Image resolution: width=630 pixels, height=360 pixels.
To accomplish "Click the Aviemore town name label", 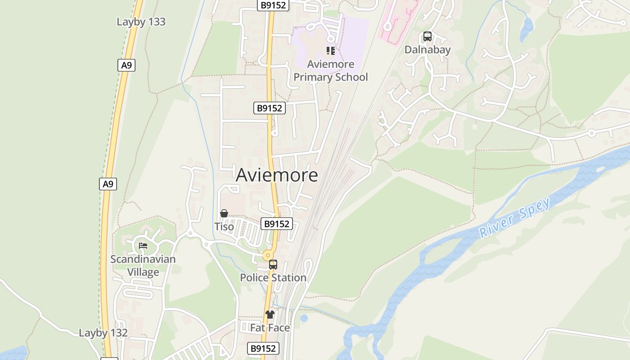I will tap(277, 175).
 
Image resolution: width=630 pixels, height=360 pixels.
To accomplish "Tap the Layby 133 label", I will tap(141, 22).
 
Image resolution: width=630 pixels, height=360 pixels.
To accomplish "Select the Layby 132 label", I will tap(103, 333).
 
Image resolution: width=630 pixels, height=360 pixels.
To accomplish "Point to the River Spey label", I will tap(515, 218).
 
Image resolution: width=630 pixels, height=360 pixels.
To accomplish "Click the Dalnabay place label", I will tap(427, 49).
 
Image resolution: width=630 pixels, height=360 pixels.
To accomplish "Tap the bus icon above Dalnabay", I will tap(427, 36).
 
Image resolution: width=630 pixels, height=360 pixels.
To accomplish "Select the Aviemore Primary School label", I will tap(331, 71).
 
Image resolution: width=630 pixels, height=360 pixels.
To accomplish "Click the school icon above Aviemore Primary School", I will tap(331, 51).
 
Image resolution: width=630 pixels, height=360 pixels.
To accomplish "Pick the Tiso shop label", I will tap(224, 226).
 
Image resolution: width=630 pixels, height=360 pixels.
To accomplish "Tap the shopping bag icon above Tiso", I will tap(224, 213).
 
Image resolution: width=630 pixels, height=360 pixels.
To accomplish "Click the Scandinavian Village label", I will tap(143, 265).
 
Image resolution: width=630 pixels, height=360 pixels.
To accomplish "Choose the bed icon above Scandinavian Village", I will tap(143, 246).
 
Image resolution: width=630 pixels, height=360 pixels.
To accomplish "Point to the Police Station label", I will tap(273, 278).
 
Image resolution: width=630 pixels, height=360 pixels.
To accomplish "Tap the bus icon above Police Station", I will tap(273, 265).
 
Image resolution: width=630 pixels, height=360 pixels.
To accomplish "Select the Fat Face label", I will tap(270, 328).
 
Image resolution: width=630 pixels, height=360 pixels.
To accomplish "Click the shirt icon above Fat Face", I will tap(270, 315).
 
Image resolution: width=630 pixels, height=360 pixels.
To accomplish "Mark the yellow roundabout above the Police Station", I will tap(268, 255).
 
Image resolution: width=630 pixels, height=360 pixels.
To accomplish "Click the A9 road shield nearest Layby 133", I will tap(126, 65).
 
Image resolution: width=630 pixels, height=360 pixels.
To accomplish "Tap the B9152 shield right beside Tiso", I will tap(276, 224).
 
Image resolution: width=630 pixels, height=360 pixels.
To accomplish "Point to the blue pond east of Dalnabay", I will tap(526, 29).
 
